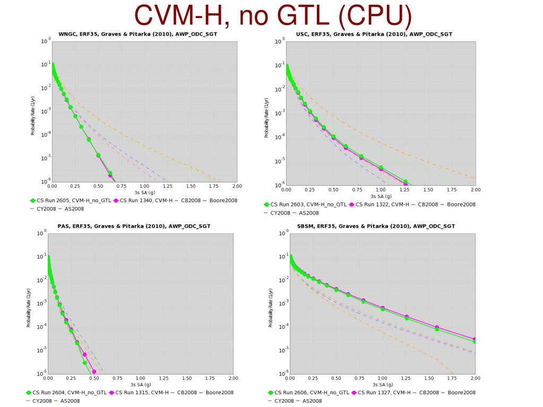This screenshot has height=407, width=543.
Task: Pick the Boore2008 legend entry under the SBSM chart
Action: click(461, 393)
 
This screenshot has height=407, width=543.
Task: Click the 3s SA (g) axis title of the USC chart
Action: click(381, 196)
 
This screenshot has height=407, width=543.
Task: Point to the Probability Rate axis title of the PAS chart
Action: click(29, 308)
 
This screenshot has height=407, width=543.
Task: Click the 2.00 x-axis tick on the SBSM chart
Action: click(475, 378)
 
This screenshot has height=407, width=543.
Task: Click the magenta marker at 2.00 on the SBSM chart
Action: click(475, 339)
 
